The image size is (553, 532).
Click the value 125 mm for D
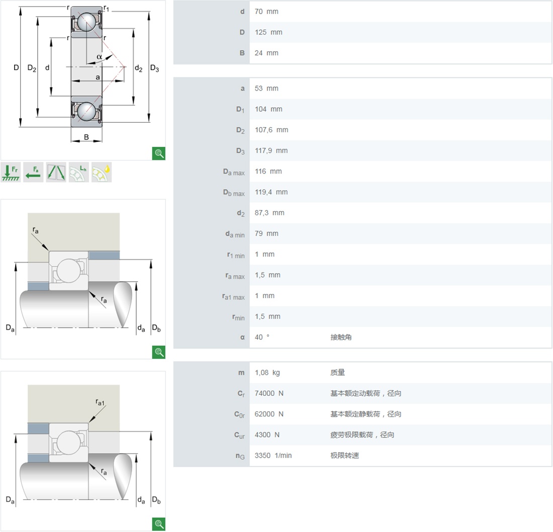click(x=268, y=32)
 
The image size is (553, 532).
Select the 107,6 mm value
click(x=271, y=130)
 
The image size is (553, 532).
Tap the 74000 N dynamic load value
click(x=269, y=393)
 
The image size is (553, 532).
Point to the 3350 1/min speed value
click(x=273, y=456)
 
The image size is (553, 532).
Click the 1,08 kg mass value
click(x=267, y=373)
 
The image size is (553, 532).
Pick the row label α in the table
click(x=242, y=337)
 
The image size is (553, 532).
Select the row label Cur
click(x=239, y=435)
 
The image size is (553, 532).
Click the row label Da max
click(x=234, y=172)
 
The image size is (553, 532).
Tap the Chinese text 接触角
click(x=341, y=337)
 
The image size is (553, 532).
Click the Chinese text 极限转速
click(x=344, y=456)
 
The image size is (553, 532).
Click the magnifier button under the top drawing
click(x=159, y=153)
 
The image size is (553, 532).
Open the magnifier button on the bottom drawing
click(x=159, y=524)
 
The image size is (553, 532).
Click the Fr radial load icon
click(x=11, y=172)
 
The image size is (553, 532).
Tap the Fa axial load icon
click(x=34, y=172)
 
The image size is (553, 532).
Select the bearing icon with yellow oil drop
click(x=102, y=172)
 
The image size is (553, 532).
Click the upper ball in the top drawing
click(x=87, y=22)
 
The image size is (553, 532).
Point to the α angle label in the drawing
click(x=100, y=57)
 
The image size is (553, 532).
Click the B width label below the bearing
click(x=86, y=137)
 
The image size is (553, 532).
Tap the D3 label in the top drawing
click(x=154, y=68)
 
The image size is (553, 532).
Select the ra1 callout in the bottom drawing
click(x=100, y=402)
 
